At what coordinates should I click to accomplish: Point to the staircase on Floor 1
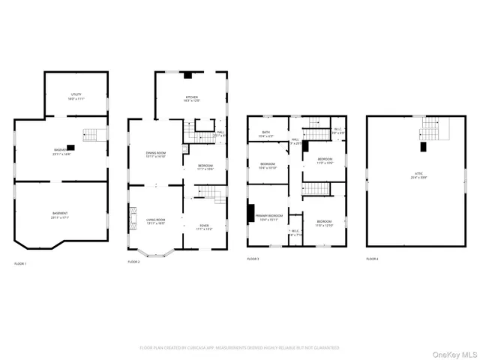(x=90, y=135)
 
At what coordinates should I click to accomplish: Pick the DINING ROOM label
(x=155, y=154)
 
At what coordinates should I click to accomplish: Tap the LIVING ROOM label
(x=155, y=220)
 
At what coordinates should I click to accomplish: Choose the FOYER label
(x=204, y=226)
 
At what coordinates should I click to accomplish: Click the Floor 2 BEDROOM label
(x=205, y=167)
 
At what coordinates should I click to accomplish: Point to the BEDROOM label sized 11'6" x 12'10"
(x=324, y=223)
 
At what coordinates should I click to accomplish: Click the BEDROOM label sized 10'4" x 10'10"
(x=268, y=166)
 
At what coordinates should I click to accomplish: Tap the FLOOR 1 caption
(x=20, y=264)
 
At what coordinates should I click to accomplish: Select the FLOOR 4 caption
(x=372, y=259)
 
